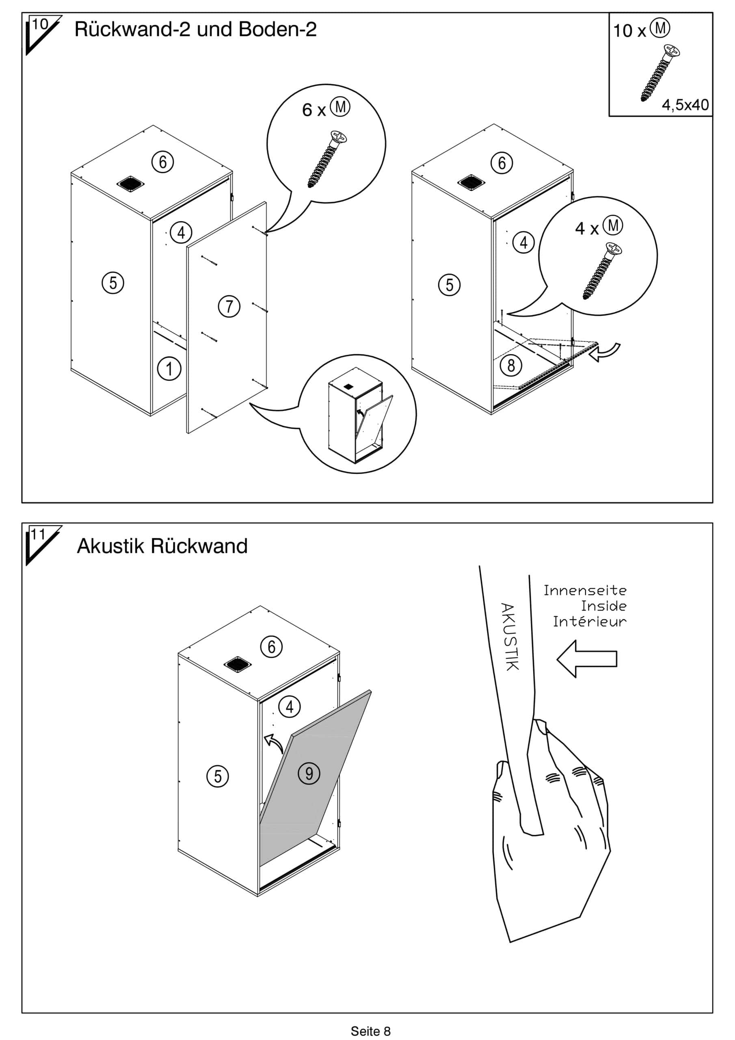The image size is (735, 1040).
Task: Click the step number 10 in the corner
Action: pos(40,24)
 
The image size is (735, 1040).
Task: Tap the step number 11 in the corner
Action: pos(39,535)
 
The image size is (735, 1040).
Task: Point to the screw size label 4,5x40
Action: pos(685,105)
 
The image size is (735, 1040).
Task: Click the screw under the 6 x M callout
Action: pos(327,159)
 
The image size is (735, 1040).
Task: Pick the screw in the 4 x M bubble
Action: pos(602,271)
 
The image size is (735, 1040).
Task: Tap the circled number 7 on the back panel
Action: pos(229,307)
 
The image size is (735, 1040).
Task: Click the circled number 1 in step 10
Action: pos(169,369)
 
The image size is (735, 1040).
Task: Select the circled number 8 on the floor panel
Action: pos(511,365)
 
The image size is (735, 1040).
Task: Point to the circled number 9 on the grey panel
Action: pos(309,773)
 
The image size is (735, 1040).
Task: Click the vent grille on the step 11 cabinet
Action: pos(237,665)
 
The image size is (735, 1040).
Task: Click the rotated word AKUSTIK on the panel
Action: pos(509,637)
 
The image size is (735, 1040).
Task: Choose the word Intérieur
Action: pos(589,622)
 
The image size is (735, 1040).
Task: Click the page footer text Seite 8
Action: pos(370,1031)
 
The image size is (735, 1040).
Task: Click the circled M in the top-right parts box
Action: pos(660,28)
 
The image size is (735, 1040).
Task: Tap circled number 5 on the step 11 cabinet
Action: pos(217,776)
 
